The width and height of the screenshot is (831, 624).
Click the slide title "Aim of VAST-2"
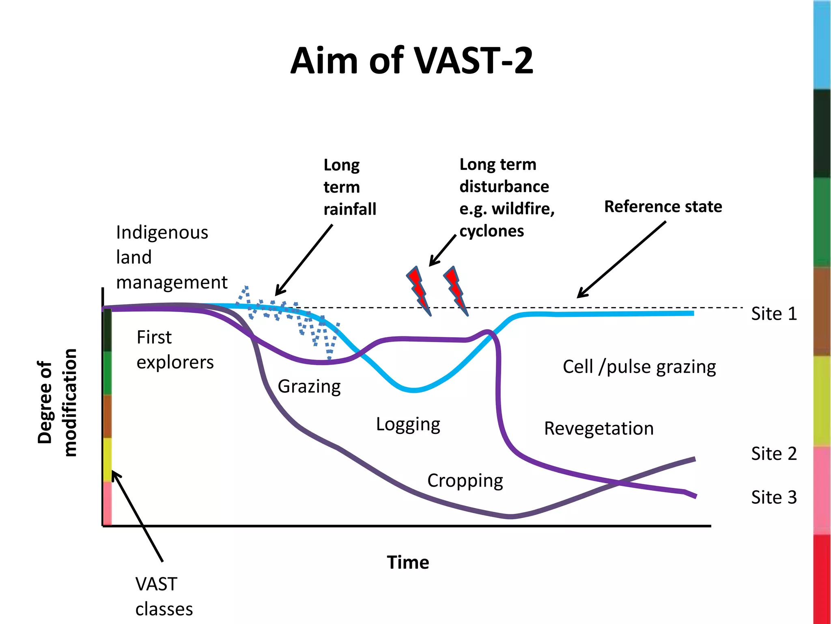(x=411, y=61)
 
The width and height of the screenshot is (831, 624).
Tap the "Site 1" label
(x=774, y=314)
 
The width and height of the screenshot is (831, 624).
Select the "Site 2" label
(x=774, y=453)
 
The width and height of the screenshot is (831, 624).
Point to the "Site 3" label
(x=774, y=497)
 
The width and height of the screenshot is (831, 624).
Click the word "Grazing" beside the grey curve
(x=309, y=386)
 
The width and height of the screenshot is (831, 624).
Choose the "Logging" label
(x=408, y=425)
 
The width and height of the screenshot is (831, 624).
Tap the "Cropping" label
(x=465, y=481)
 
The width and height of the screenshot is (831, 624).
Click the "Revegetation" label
(x=599, y=429)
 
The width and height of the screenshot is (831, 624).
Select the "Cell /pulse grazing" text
(x=639, y=367)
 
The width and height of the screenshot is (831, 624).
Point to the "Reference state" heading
(x=663, y=206)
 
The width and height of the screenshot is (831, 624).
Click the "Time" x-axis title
(x=408, y=563)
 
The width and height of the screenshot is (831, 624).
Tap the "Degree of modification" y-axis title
(x=57, y=402)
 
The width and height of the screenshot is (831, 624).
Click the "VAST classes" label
(x=164, y=596)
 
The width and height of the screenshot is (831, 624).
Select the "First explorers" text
(x=175, y=350)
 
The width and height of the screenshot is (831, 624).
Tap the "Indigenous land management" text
(x=172, y=257)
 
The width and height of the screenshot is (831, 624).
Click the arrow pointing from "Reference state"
(x=621, y=260)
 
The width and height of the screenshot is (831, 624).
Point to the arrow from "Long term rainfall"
(x=304, y=260)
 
